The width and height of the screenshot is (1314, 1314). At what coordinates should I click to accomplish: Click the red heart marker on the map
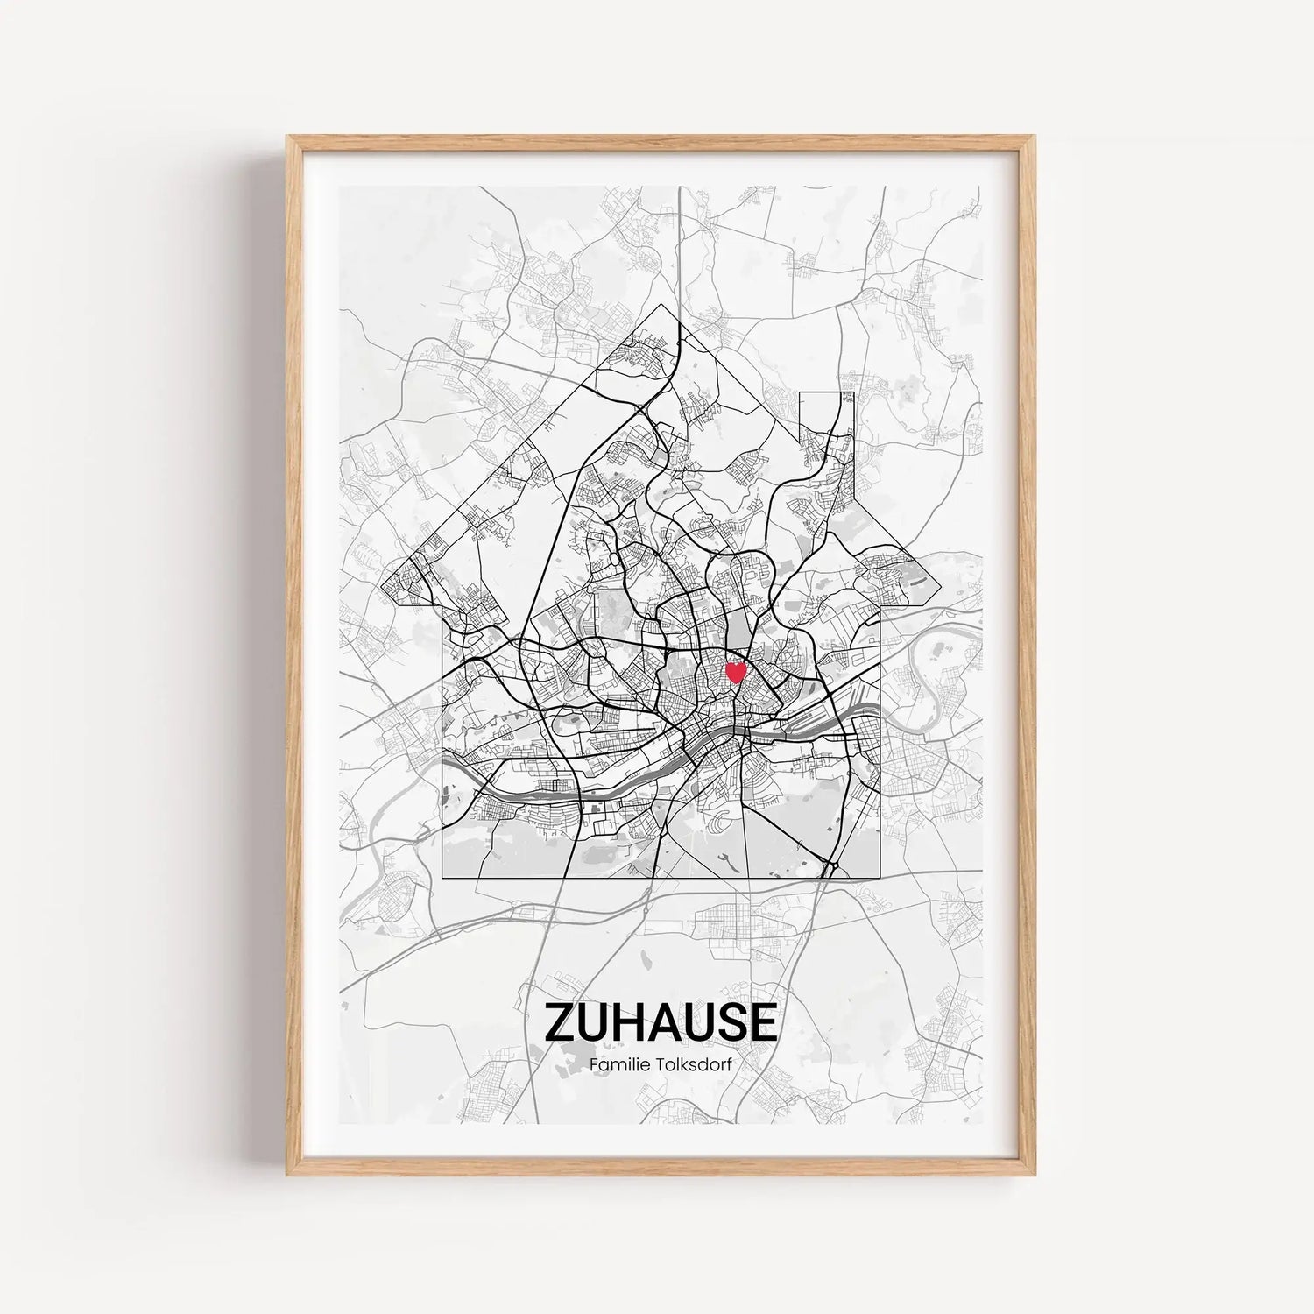(x=737, y=673)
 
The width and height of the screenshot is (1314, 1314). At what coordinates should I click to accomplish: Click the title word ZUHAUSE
(x=661, y=1022)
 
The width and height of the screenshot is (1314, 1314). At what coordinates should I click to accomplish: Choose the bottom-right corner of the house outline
(x=880, y=877)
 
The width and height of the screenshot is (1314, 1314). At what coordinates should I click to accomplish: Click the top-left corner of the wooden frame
(x=288, y=137)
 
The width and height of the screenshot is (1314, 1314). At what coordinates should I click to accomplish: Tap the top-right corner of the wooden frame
(x=1034, y=137)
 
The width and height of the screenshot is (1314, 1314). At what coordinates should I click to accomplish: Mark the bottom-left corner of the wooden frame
(x=288, y=1175)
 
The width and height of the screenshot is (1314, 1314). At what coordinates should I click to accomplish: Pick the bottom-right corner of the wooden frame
(x=1034, y=1175)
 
